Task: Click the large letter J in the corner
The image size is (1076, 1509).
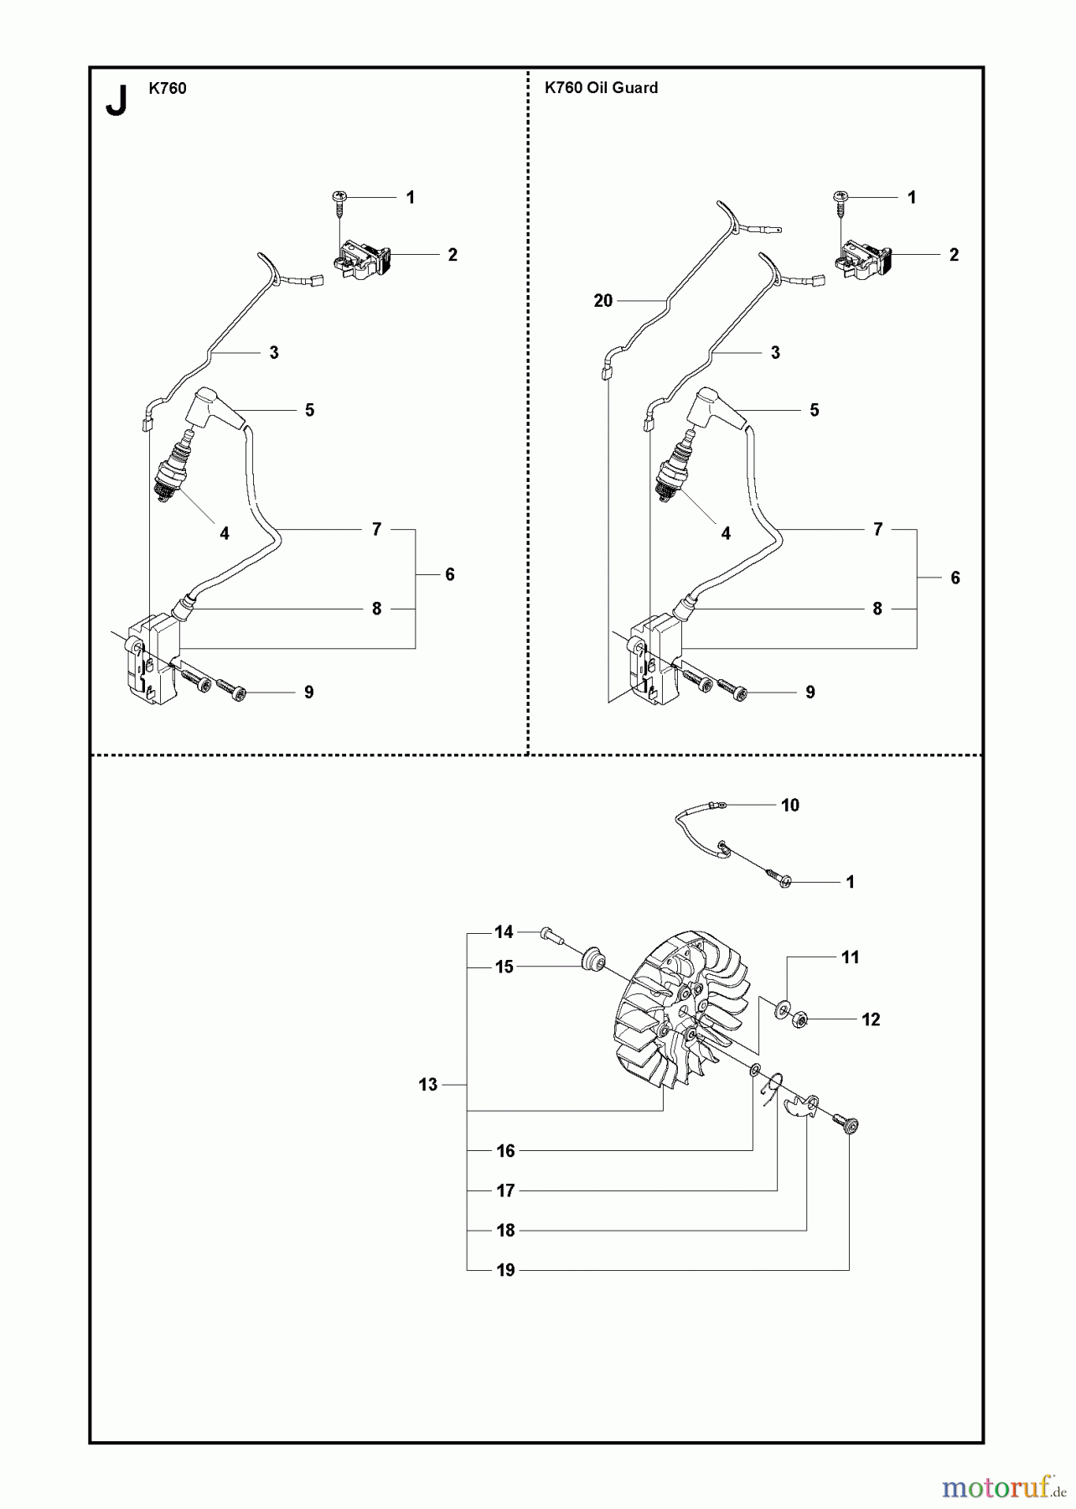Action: point(116,101)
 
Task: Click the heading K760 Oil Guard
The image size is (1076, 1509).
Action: point(601,88)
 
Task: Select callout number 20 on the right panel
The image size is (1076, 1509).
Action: point(603,301)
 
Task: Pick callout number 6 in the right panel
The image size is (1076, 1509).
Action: point(954,578)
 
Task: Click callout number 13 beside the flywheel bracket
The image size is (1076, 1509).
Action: point(427,1085)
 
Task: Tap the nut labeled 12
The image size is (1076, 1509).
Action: point(799,1020)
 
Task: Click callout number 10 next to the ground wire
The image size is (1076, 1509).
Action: point(789,806)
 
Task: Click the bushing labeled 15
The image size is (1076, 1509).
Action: point(594,958)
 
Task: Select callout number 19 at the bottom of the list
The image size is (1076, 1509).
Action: point(505,1270)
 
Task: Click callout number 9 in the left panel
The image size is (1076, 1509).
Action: point(308,692)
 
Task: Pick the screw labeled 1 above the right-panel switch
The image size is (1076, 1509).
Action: point(841,198)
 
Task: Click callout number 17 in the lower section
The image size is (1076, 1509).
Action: point(505,1190)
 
